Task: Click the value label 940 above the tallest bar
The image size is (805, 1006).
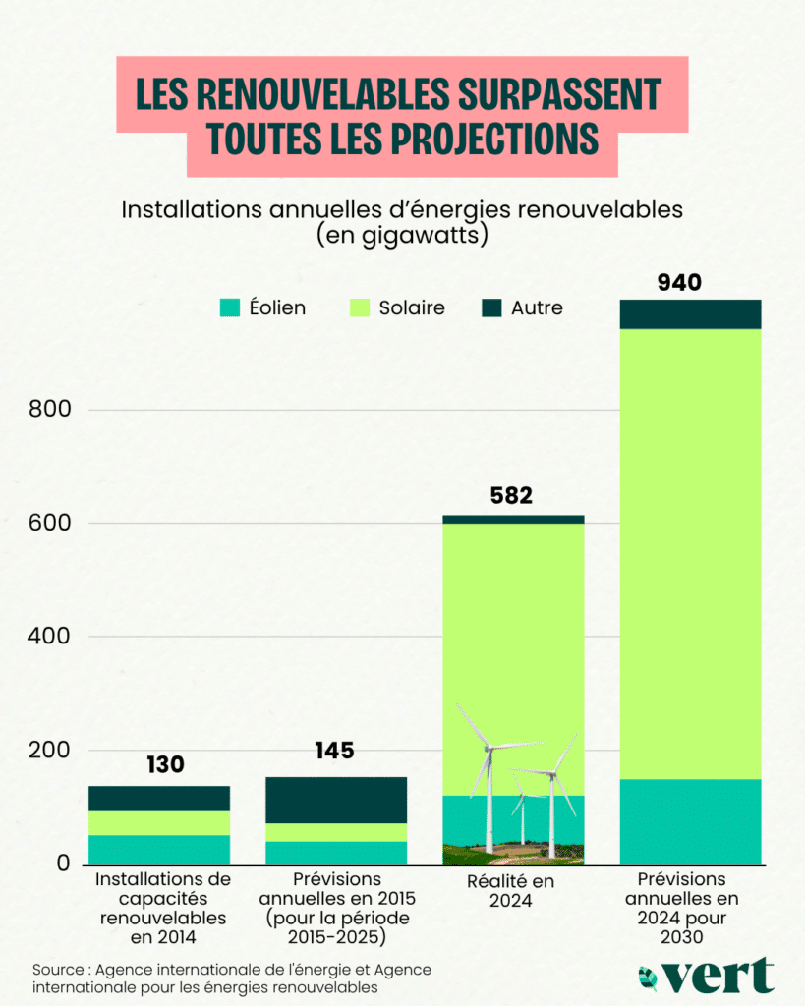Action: coord(679,283)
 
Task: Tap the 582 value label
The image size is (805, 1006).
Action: coord(511,496)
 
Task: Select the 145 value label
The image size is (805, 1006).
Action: coord(334,752)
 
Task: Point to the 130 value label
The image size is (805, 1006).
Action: coord(165,764)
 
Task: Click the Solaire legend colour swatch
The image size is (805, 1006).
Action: coord(361,307)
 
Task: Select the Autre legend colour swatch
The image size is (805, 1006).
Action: coord(491,307)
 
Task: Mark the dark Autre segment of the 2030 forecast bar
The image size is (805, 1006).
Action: coord(690,314)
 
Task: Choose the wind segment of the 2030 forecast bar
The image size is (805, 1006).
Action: coord(690,821)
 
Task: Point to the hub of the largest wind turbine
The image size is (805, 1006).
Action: coord(488,750)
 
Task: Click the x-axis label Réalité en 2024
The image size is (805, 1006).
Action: coord(511,890)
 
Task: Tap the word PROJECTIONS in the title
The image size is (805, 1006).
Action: coord(496,139)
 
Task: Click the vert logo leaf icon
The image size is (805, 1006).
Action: coord(648,978)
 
